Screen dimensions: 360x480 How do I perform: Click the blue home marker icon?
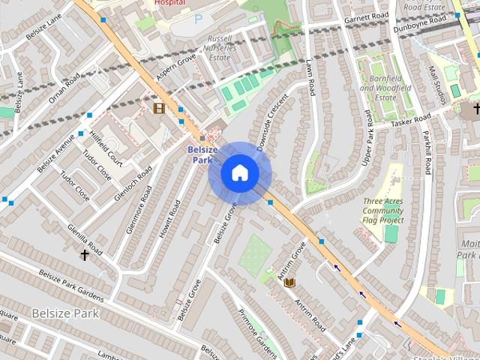(239, 173)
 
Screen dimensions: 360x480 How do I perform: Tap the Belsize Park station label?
(202, 154)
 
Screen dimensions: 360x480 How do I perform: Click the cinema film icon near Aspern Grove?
(159, 108)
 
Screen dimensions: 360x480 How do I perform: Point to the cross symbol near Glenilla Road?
(85, 255)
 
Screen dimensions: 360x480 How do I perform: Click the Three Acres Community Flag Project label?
(382, 211)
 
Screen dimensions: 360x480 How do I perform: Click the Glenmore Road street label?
(139, 210)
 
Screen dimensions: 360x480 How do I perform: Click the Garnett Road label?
(367, 16)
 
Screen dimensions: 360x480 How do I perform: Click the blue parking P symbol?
(198, 20)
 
